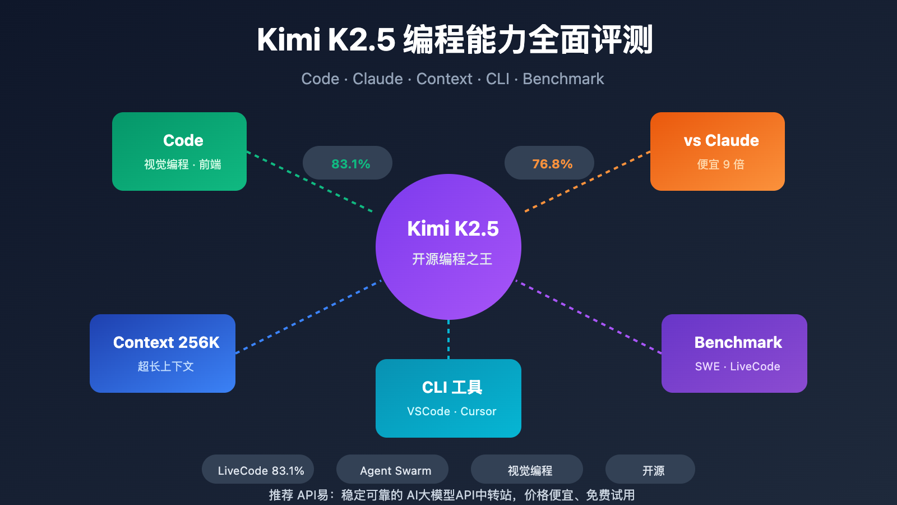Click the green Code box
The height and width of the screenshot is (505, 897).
179,151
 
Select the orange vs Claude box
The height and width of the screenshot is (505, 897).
718,151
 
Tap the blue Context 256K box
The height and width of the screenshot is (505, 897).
163,353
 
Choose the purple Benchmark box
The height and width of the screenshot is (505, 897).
734,353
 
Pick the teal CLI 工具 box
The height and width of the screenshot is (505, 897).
449,398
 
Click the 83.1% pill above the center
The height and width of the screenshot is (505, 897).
348,163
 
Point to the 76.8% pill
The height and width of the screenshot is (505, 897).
549,163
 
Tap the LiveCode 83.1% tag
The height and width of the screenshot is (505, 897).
258,470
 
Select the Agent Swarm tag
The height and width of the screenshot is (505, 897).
392,470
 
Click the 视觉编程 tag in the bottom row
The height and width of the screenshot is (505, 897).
527,470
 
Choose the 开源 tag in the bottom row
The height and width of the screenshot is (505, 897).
650,470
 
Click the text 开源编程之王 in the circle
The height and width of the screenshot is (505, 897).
452,259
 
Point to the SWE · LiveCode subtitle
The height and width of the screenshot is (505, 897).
737,366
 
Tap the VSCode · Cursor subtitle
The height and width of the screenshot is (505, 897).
451,411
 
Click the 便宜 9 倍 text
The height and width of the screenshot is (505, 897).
720,164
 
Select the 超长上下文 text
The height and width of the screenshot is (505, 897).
165,366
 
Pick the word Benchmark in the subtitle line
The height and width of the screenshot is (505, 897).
563,79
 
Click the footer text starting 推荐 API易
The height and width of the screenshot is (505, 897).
451,495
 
